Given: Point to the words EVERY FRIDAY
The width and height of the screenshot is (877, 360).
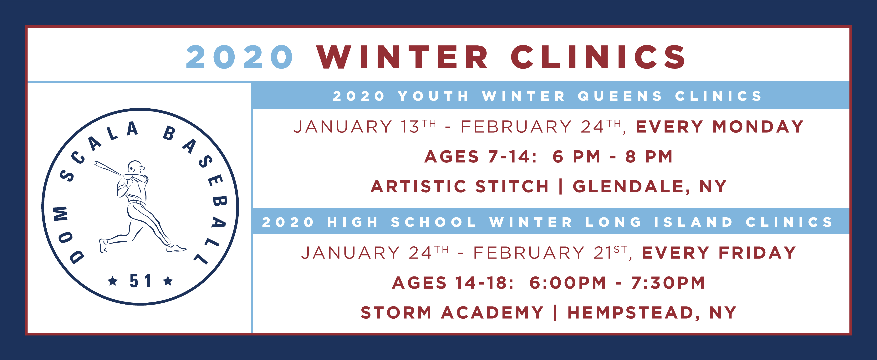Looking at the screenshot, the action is pyautogui.click(x=719, y=253).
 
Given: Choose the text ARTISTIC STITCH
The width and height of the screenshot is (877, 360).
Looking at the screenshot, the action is pyautogui.click(x=460, y=187).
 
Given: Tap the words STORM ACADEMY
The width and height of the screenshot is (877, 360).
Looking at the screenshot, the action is pyautogui.click(x=452, y=313).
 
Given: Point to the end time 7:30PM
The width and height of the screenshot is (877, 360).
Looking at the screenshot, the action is pyautogui.click(x=668, y=283).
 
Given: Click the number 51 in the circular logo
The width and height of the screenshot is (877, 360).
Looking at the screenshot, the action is pyautogui.click(x=140, y=281).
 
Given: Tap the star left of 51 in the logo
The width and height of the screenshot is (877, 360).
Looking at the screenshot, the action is pyautogui.click(x=113, y=281).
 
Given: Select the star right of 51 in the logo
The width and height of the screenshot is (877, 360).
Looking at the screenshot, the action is pyautogui.click(x=168, y=281).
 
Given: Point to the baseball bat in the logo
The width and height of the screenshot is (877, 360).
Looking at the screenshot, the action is pyautogui.click(x=108, y=169).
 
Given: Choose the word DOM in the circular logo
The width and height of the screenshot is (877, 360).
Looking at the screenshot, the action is pyautogui.click(x=67, y=235).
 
